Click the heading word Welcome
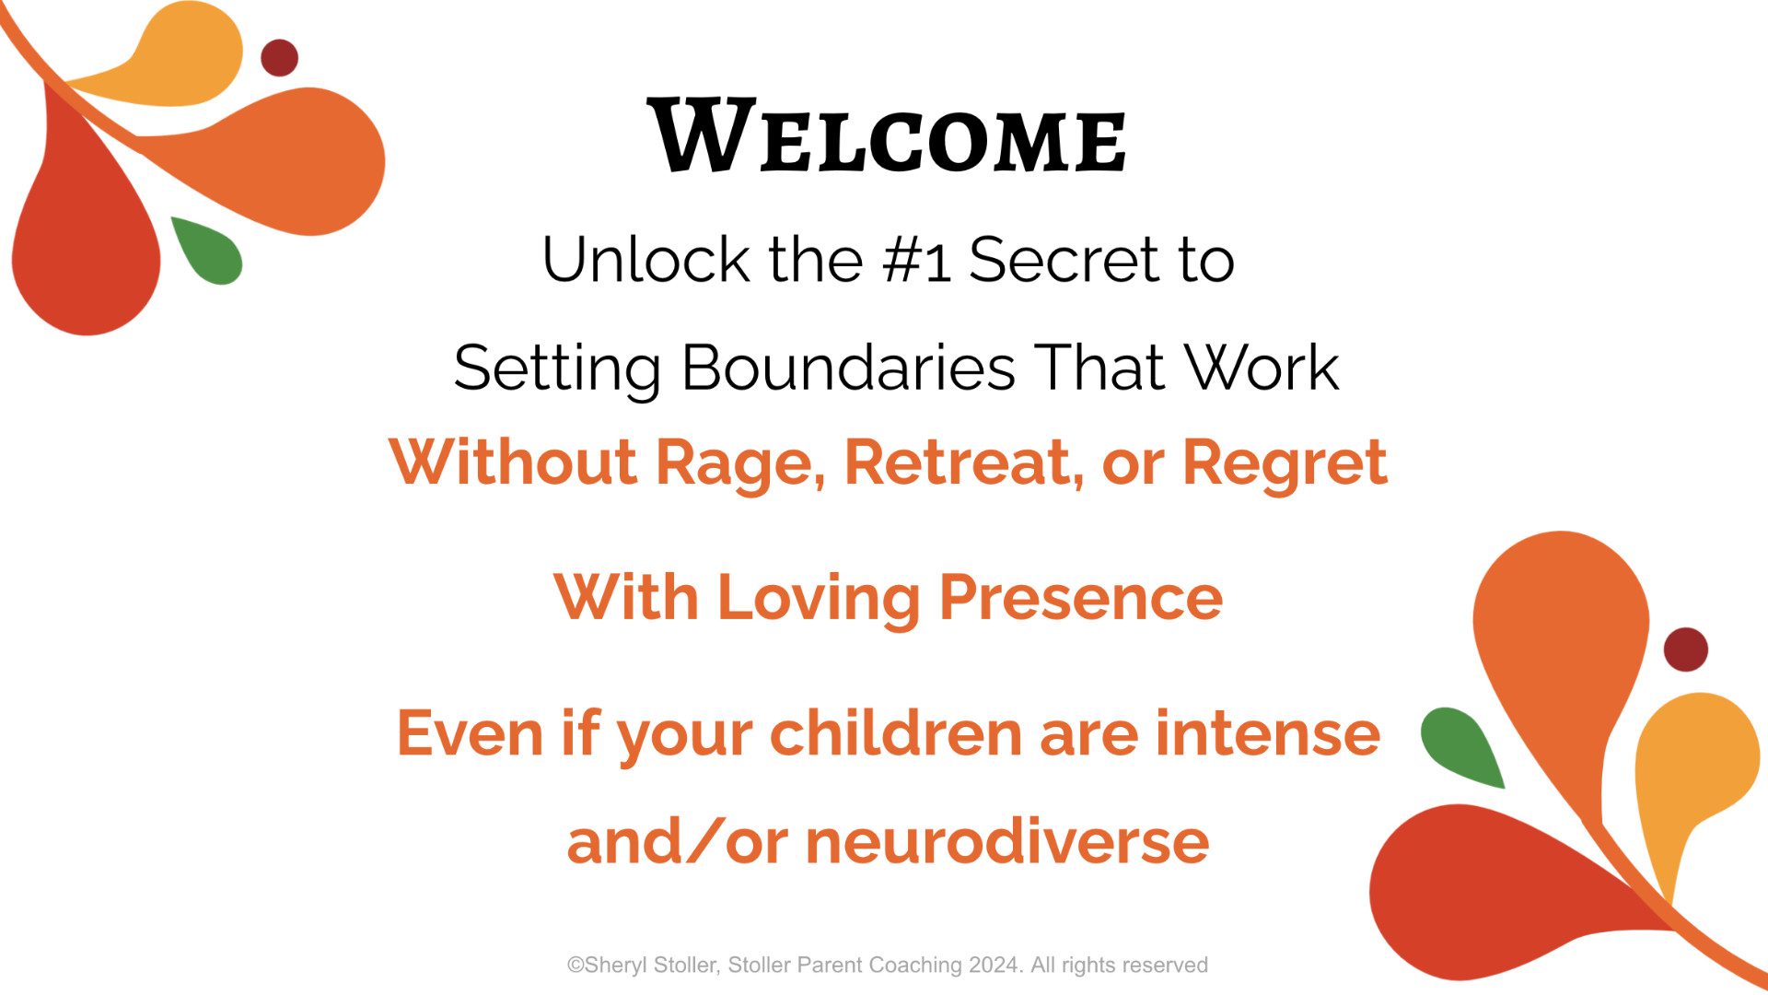888,136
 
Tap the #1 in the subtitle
916,261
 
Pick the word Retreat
963,462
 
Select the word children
896,733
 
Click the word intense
1268,734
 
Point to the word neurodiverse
1007,842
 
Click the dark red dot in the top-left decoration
279,57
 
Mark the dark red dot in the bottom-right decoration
1685,650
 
